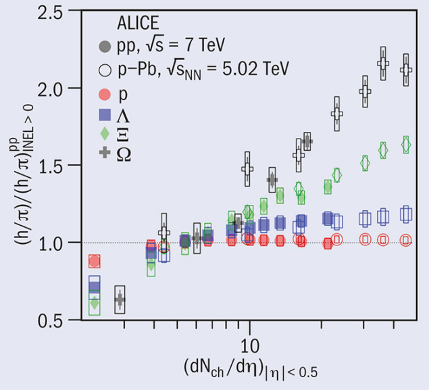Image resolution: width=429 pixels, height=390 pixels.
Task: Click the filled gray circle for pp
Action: [105, 47]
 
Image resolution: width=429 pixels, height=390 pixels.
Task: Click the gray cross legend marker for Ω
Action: [105, 153]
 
